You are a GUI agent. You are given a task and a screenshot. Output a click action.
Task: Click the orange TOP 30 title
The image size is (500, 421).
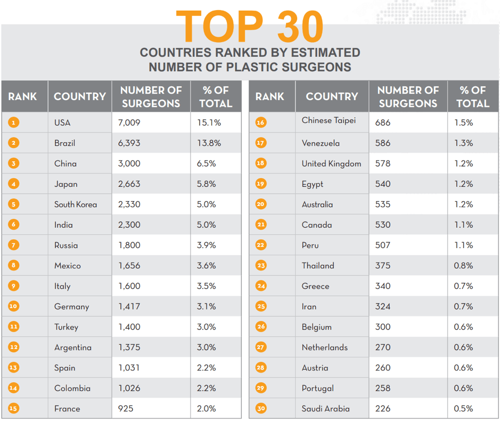click(249, 27)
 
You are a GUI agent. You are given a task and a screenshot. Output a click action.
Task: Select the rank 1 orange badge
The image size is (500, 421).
click(14, 122)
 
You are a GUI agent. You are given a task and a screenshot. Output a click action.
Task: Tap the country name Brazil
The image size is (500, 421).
click(64, 143)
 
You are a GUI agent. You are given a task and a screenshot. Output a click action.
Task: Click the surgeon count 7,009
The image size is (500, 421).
click(129, 122)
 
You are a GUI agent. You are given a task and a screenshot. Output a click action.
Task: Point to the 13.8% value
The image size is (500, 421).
click(209, 143)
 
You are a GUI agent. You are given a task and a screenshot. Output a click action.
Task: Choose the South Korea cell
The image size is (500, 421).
click(76, 204)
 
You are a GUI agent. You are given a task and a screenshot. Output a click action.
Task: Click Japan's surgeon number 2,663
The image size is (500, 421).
click(129, 184)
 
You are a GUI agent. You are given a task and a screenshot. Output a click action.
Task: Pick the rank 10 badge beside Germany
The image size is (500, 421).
click(14, 307)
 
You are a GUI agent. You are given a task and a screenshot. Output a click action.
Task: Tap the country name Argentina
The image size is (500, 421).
click(73, 348)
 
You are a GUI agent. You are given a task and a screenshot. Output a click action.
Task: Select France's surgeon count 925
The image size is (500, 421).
click(126, 409)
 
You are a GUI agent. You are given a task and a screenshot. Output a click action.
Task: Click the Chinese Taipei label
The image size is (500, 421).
click(329, 120)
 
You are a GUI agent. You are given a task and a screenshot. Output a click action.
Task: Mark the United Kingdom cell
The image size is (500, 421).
click(331, 163)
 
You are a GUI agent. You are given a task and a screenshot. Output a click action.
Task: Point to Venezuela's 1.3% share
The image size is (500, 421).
click(463, 143)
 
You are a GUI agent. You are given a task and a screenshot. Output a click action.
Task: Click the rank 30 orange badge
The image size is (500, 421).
click(261, 409)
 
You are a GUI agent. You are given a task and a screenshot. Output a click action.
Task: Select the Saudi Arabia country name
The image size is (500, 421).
click(325, 409)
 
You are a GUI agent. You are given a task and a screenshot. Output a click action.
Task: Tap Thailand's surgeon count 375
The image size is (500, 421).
click(382, 266)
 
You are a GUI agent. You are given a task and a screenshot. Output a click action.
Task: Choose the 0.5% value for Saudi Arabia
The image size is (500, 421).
click(463, 409)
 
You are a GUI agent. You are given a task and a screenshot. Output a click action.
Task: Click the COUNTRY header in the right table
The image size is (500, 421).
click(332, 96)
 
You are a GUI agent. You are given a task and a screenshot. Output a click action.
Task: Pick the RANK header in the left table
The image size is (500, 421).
click(23, 96)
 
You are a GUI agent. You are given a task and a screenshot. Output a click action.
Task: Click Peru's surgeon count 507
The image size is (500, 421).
click(382, 245)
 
